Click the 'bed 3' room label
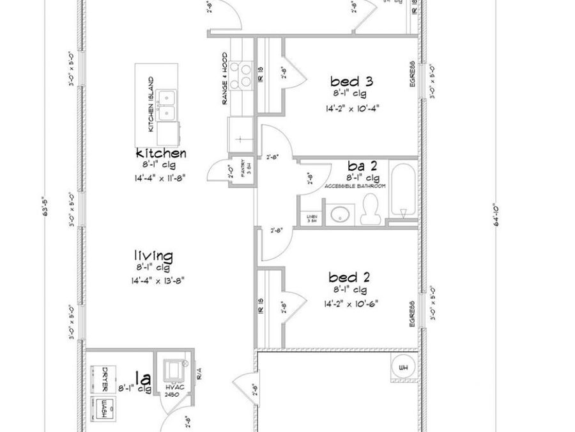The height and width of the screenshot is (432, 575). (351, 81)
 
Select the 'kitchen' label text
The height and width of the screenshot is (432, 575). (161, 154)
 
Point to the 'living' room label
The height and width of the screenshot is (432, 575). (153, 256)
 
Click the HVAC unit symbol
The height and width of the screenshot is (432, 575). (174, 371)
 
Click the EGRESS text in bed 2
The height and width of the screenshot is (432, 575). (413, 314)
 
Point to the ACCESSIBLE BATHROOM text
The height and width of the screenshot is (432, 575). (355, 186)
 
